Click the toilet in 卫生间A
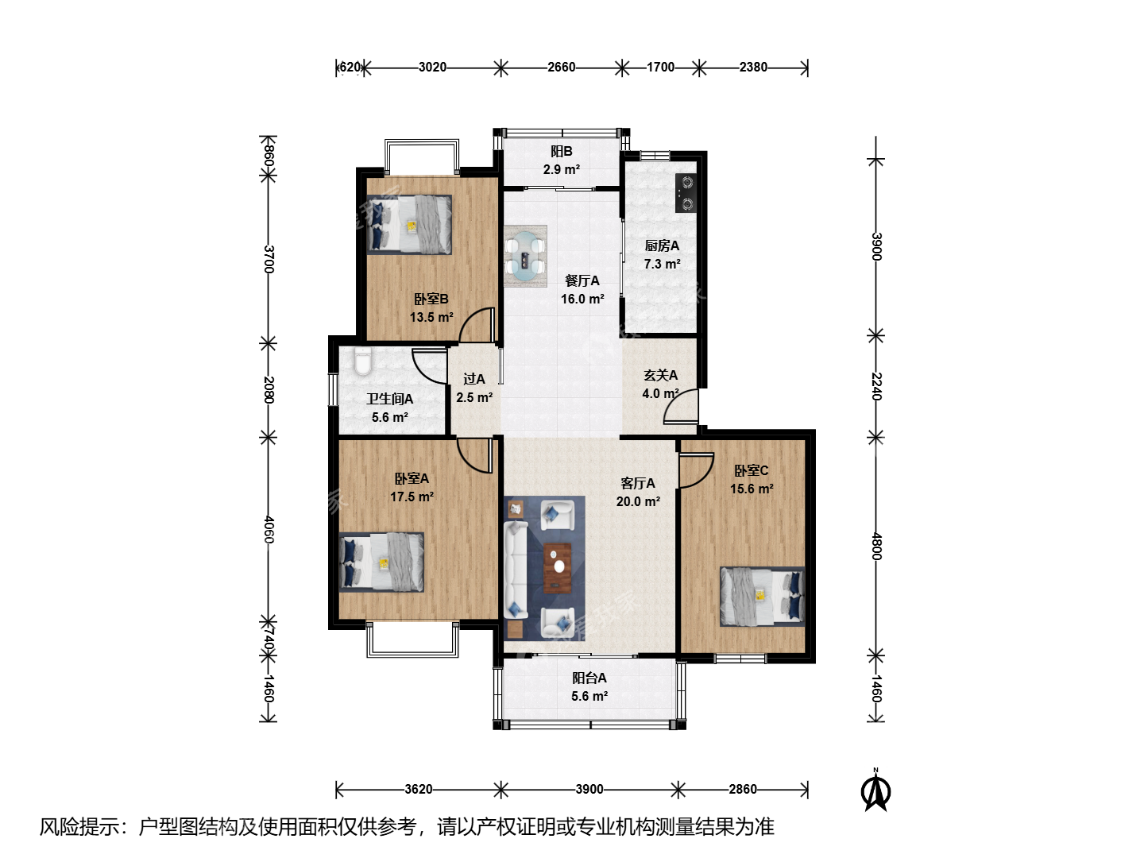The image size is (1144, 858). coord(363,361)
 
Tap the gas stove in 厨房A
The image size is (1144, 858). coord(686,193)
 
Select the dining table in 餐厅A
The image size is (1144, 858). coord(525,256)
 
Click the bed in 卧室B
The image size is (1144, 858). coord(408,225)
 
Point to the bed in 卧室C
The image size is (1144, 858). coord(763,597)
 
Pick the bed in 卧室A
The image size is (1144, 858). coord(381,562)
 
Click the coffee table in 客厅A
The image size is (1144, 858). coord(557,568)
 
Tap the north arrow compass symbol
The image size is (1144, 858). coord(875,790)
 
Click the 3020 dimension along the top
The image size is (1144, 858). coord(433,68)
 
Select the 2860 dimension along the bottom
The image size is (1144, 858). coord(743,789)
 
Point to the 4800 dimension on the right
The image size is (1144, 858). coord(876,546)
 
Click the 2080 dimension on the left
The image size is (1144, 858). coord(269,389)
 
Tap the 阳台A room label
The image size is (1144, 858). coord(589,678)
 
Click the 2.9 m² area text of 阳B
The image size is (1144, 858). coord(562,169)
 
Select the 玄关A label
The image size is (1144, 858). coord(660,375)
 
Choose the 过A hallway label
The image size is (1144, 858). coord(474,379)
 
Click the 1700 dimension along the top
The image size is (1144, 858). coord(660,68)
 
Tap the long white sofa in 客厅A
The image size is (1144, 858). coord(516,570)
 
